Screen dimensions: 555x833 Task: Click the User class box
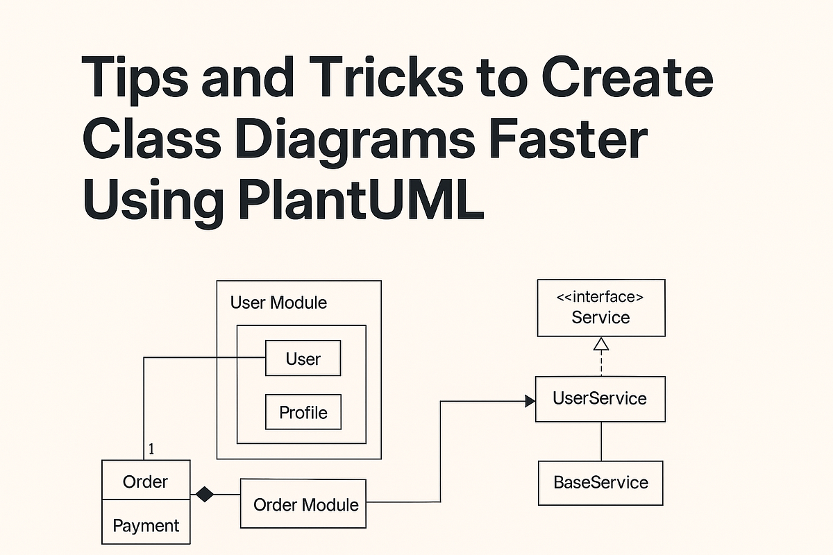(x=303, y=359)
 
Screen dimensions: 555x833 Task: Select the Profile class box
(x=303, y=412)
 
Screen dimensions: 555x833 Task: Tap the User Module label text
(x=278, y=303)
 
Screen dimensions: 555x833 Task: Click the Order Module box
(x=303, y=504)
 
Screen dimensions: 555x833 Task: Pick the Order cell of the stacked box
(x=145, y=481)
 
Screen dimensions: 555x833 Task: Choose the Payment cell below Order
(x=145, y=525)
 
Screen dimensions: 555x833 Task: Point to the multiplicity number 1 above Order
(x=151, y=450)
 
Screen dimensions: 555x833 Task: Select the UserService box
(x=600, y=398)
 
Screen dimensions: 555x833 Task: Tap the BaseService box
(x=600, y=482)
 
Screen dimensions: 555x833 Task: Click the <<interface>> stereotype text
(x=600, y=297)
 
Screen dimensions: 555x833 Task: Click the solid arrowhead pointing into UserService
(x=530, y=400)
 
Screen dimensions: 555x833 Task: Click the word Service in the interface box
(x=600, y=318)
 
